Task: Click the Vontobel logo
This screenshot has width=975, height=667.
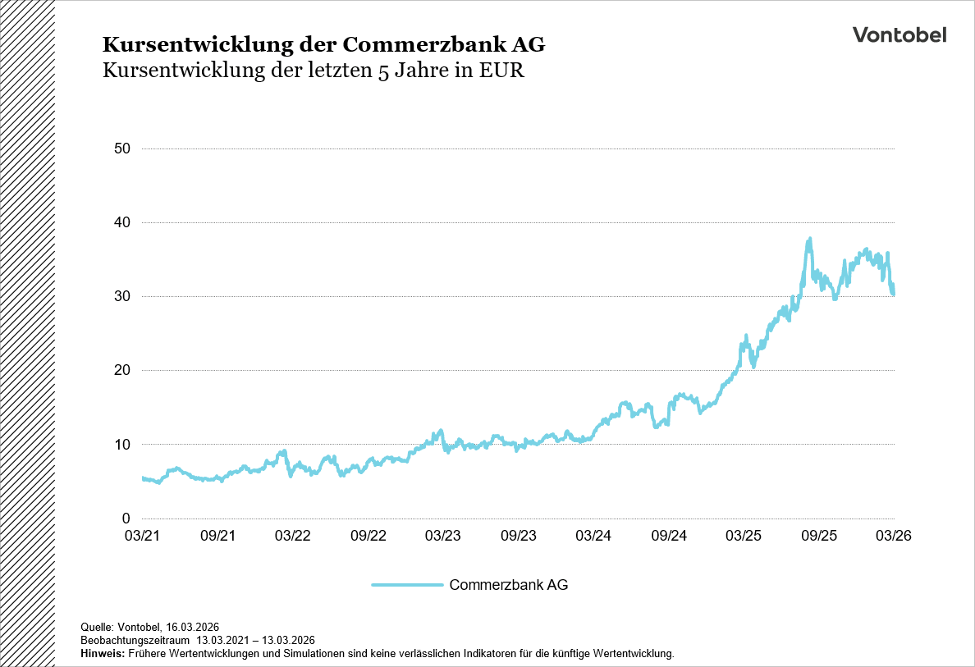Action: tap(899, 34)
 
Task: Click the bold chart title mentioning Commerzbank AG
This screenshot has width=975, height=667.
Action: tap(323, 43)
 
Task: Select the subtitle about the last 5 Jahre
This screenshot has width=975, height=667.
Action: tap(313, 71)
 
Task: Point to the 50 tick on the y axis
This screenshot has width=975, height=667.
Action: tap(124, 148)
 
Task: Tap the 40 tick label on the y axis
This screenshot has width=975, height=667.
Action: tap(124, 222)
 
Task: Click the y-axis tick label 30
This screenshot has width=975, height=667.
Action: tap(124, 296)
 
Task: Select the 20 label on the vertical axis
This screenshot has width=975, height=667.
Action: tap(124, 370)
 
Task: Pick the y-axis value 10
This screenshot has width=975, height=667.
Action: tap(124, 445)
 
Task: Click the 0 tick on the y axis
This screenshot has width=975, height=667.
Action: tap(127, 519)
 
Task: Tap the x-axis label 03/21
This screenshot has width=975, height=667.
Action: tap(142, 536)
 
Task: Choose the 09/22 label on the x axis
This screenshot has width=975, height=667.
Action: tap(368, 536)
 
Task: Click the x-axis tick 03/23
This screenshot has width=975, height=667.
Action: tap(443, 536)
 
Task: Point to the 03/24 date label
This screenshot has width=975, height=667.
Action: tap(593, 536)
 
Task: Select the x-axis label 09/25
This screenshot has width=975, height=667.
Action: tap(819, 536)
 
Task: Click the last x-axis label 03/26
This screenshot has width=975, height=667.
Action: tap(894, 536)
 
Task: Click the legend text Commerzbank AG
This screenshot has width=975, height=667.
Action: tap(509, 585)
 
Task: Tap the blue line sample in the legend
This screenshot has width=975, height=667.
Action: tap(407, 585)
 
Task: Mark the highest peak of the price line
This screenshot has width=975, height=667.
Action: tap(810, 240)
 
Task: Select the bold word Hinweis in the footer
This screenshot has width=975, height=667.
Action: tap(103, 654)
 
